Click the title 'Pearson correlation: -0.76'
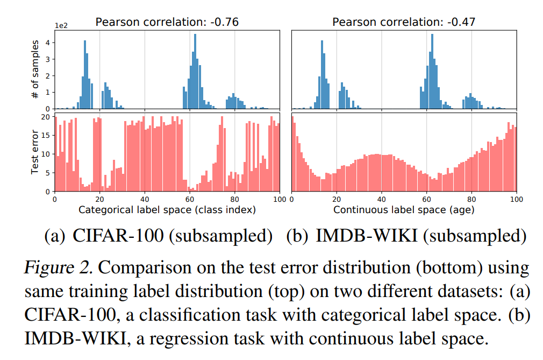click(x=167, y=22)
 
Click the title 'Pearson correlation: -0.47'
click(x=404, y=22)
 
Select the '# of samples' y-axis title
click(x=35, y=69)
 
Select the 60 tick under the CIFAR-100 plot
click(x=190, y=199)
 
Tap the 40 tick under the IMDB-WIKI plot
click(x=381, y=199)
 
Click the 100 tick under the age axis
click(x=516, y=199)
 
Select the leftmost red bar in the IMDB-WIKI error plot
click(x=293, y=154)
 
